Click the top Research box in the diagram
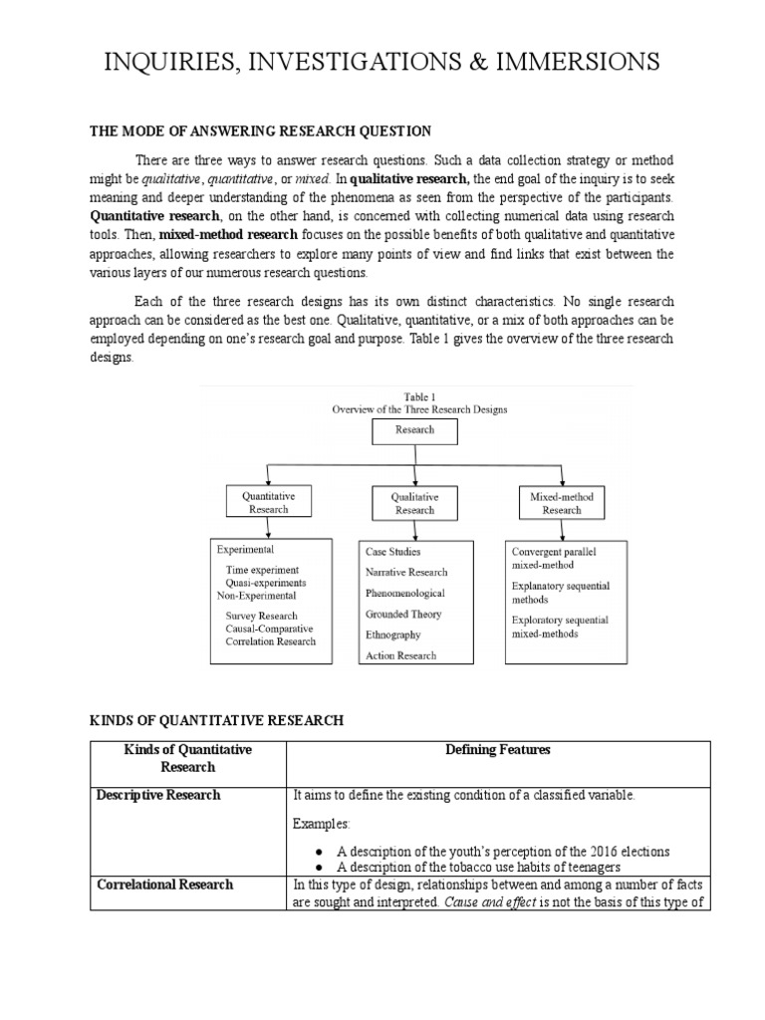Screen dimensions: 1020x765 click(x=414, y=430)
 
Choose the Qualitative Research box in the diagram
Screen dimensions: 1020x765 click(x=414, y=502)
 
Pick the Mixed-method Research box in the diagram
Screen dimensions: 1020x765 click(x=561, y=502)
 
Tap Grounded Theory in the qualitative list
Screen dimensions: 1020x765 click(x=402, y=615)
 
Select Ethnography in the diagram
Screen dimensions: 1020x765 click(x=392, y=635)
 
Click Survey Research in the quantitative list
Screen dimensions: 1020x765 click(x=261, y=616)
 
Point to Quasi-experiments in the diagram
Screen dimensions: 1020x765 click(x=266, y=583)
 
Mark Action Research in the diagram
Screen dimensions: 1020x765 click(x=400, y=656)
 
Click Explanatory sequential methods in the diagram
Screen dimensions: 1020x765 click(x=560, y=593)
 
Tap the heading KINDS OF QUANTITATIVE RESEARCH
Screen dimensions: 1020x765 click(x=217, y=720)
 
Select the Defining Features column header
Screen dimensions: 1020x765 click(x=498, y=749)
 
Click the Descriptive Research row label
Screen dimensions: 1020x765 click(x=158, y=795)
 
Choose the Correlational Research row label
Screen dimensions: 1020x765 click(x=164, y=884)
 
